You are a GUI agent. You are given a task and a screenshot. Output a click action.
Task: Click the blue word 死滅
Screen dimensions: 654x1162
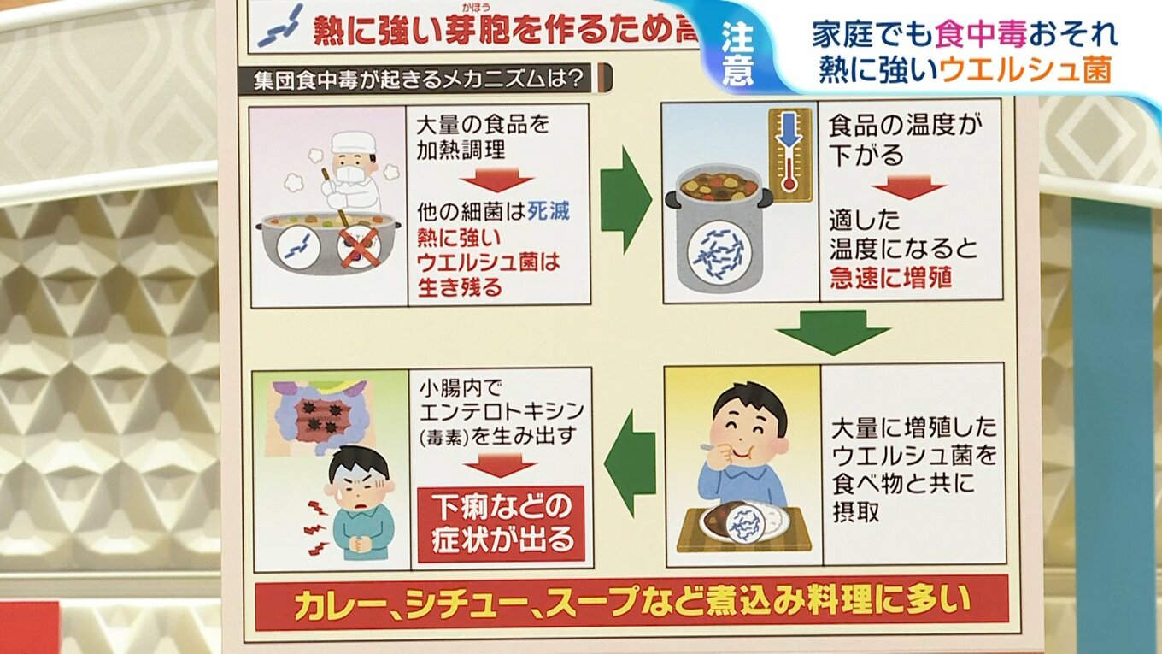548,211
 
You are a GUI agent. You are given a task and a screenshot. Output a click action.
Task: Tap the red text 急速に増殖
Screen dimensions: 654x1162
890,277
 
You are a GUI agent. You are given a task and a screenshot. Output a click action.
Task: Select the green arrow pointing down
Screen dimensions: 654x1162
832,331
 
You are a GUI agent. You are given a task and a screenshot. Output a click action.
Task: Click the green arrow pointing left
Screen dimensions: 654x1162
630,463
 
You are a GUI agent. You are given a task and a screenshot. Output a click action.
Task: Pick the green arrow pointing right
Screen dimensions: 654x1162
626,200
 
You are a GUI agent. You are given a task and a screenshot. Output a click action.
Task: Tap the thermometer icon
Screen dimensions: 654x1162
789,155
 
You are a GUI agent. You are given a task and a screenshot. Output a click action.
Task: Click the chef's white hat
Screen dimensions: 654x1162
353,141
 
